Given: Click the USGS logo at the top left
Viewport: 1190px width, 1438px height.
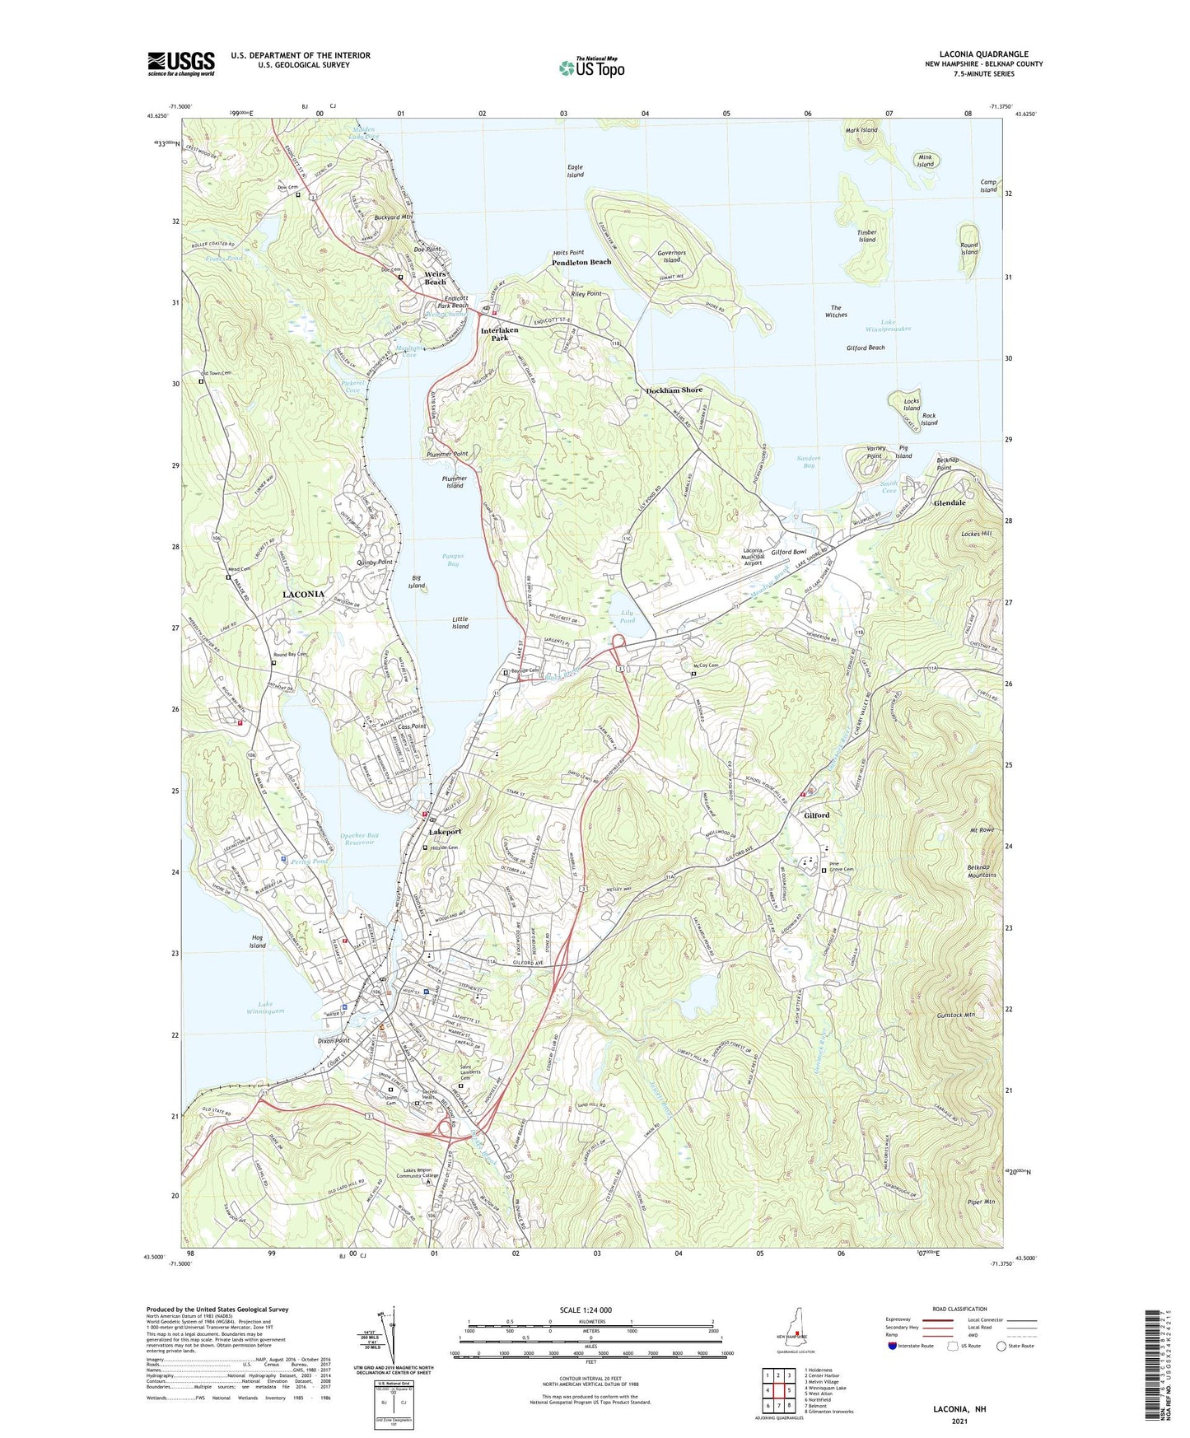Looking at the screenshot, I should pyautogui.click(x=181, y=63).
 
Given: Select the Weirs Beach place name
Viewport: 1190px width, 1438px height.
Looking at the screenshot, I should pyautogui.click(x=436, y=278).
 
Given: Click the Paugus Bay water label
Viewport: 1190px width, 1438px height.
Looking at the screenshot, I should pyautogui.click(x=452, y=560).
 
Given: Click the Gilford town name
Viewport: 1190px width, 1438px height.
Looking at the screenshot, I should pyautogui.click(x=816, y=815).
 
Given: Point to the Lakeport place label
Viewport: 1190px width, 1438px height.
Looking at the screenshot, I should pyautogui.click(x=446, y=832).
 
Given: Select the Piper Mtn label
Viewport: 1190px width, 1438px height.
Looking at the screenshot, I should pyautogui.click(x=980, y=1202).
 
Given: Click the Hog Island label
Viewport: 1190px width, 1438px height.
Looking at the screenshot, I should pyautogui.click(x=258, y=941).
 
